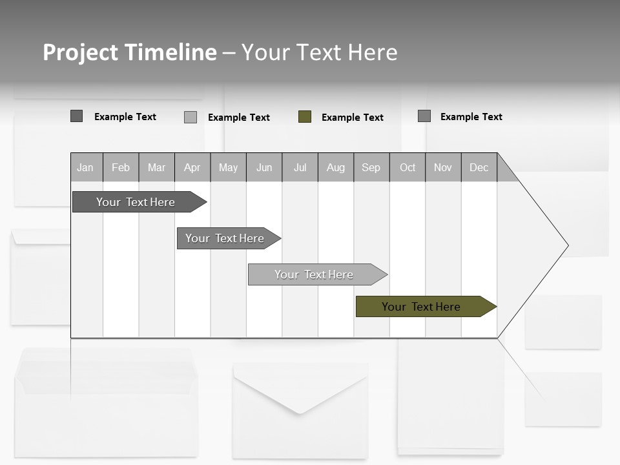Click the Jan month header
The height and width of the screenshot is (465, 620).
pos(86,167)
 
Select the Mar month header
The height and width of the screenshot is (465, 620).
pos(156,167)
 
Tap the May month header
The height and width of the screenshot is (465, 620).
pos(228,167)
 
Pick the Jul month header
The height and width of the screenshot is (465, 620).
pos(300,167)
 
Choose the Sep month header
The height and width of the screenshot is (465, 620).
pos(371,167)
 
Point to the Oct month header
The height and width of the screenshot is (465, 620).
pos(408,167)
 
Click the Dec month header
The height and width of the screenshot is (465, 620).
pos(479,167)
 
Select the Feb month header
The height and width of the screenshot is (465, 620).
pos(121,167)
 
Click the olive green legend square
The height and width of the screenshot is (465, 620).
pos(305,117)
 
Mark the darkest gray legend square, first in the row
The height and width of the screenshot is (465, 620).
pos(77,116)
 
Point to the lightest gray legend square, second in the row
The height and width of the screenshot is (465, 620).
pos(191,117)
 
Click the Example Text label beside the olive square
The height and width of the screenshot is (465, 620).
pos(353,118)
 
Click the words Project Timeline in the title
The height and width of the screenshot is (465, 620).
pos(130,52)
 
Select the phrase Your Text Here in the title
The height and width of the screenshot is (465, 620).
pos(319,52)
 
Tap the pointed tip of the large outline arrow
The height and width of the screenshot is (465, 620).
pos(566,245)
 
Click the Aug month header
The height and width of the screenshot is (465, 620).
pos(336,167)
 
